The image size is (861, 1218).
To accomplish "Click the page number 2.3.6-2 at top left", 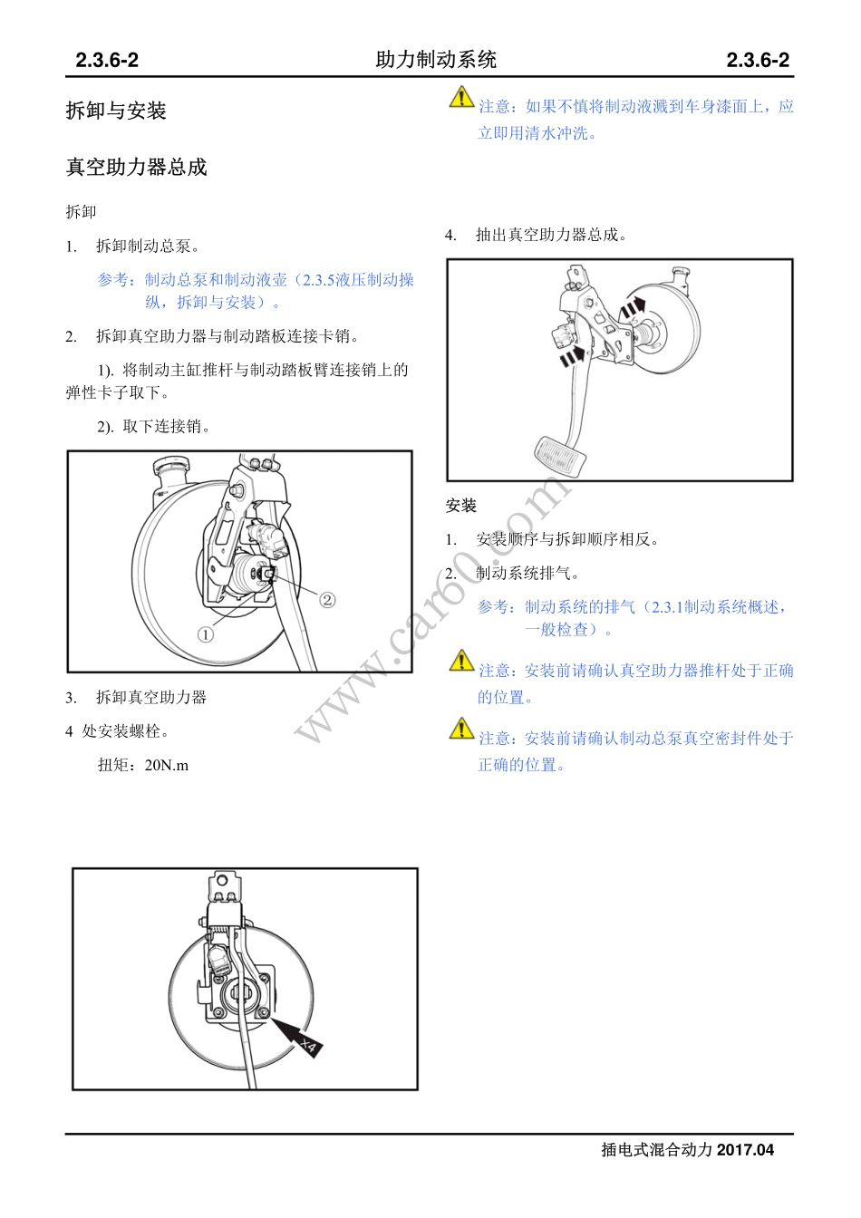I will click(x=107, y=61).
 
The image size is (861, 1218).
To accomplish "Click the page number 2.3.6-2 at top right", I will click(x=758, y=61).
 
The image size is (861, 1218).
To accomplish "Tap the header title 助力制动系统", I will click(x=436, y=60).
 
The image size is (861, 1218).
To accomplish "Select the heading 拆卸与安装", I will click(x=116, y=111).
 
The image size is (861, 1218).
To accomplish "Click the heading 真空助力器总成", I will click(x=136, y=167).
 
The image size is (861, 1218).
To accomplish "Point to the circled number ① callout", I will click(x=206, y=634).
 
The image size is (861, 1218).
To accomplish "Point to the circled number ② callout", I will click(x=327, y=599).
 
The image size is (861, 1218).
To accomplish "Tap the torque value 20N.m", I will click(x=167, y=765).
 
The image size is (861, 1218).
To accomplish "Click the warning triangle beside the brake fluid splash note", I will click(x=461, y=97).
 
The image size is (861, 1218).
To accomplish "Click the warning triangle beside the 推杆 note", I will click(x=461, y=661).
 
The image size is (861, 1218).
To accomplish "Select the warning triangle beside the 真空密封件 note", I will click(x=461, y=729).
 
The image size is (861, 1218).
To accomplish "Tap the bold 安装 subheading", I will click(x=461, y=506).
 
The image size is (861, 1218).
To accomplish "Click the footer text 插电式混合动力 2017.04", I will click(x=688, y=1150).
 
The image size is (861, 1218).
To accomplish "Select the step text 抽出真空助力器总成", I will click(x=551, y=235).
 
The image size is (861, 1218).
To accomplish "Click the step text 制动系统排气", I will click(x=527, y=573).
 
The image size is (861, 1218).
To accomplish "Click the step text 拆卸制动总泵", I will click(x=148, y=246).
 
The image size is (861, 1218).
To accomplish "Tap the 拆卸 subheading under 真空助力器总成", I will click(x=81, y=212).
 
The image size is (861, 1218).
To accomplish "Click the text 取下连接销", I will click(x=167, y=426).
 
